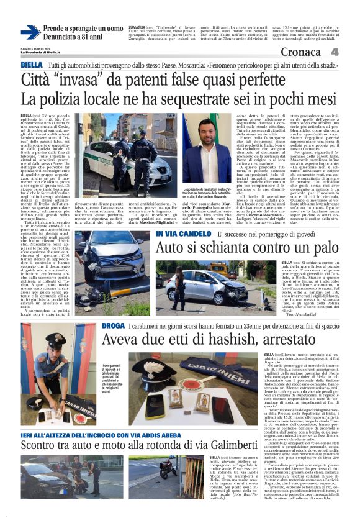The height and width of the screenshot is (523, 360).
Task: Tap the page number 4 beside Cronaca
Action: click(x=335, y=52)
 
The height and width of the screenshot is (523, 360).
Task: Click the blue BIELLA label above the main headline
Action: click(x=32, y=65)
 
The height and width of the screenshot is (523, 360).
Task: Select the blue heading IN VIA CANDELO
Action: click(x=184, y=234)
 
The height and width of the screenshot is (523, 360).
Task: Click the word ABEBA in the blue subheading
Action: click(x=174, y=435)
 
